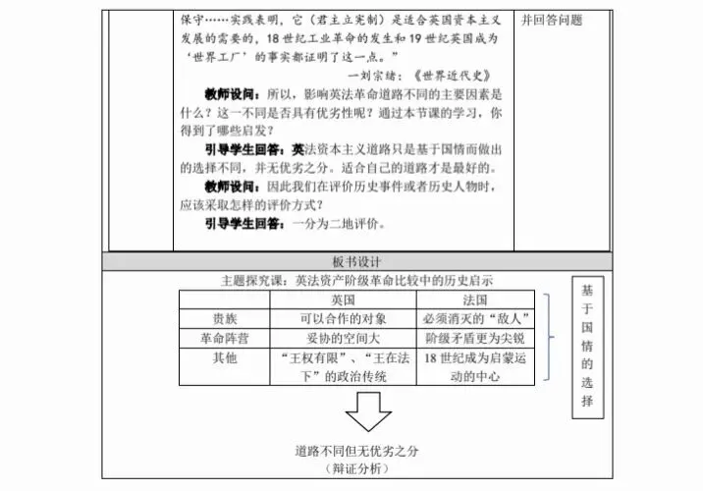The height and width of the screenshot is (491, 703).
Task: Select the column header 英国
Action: click(x=343, y=299)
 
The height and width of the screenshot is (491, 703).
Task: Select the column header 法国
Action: click(x=473, y=299)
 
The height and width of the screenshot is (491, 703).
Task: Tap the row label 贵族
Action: click(x=224, y=318)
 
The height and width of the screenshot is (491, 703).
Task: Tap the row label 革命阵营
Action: click(x=224, y=338)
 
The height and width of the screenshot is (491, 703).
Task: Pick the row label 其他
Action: click(x=224, y=358)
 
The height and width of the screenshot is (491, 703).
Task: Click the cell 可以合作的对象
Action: click(x=343, y=318)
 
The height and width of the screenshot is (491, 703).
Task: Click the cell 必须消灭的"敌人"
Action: click(x=473, y=318)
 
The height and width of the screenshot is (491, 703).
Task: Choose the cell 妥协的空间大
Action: click(x=343, y=338)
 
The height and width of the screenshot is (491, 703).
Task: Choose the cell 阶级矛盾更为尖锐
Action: click(x=473, y=338)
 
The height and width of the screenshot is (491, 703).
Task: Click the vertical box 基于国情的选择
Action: click(x=586, y=346)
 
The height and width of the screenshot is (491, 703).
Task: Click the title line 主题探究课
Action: click(x=357, y=281)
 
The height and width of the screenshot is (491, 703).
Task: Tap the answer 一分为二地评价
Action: click(x=332, y=223)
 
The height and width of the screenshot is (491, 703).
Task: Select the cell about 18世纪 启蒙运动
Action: click(x=473, y=367)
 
